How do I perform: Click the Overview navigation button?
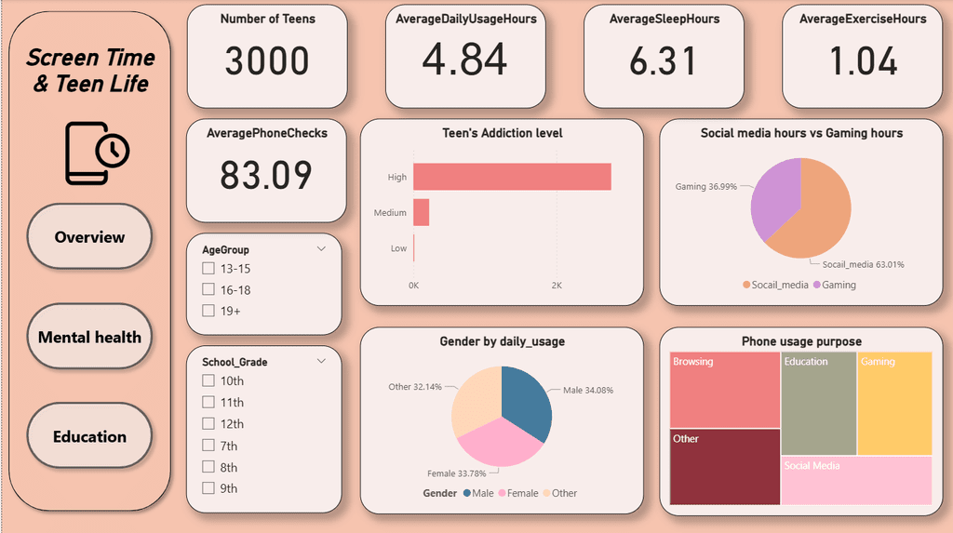(89, 237)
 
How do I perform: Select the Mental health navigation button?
(89, 337)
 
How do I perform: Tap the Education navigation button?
(89, 436)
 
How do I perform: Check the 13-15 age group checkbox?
(208, 269)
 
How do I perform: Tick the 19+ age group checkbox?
(208, 311)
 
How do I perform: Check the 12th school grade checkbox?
(208, 424)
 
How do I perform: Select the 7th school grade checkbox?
(208, 446)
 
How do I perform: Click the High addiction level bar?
(512, 177)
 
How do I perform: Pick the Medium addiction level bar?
(422, 212)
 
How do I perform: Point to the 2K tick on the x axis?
(557, 285)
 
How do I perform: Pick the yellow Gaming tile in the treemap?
(893, 403)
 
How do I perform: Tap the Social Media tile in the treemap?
(856, 480)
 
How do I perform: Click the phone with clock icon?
(96, 153)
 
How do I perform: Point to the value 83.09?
(265, 176)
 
